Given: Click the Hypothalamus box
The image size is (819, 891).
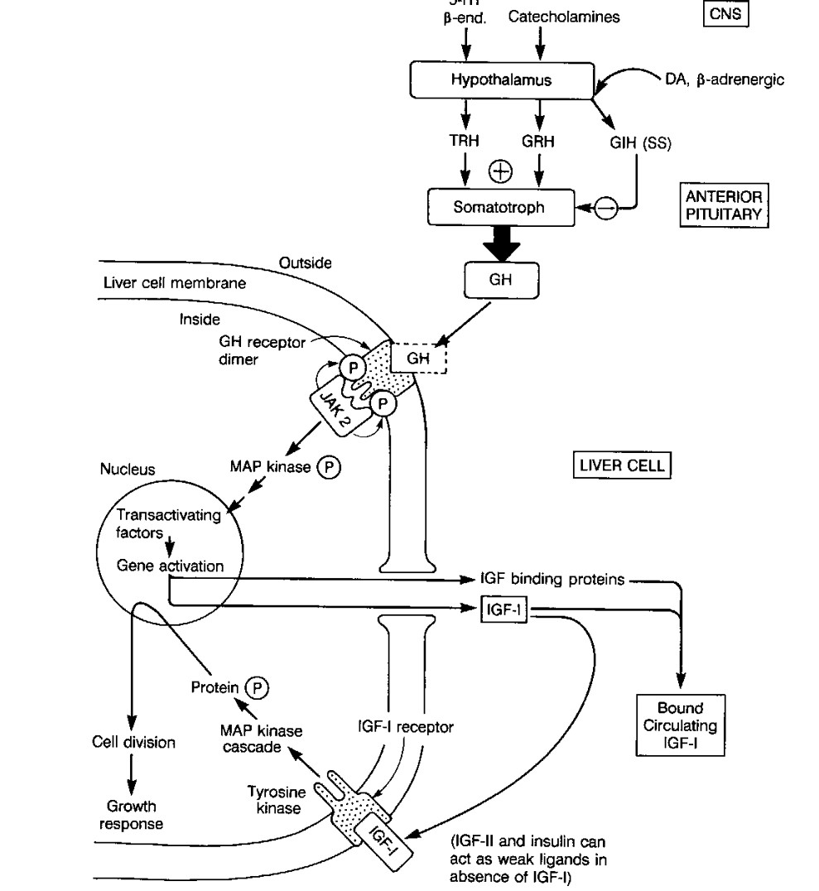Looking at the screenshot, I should pyautogui.click(x=501, y=80).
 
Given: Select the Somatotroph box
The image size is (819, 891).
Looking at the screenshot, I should pyautogui.click(x=499, y=207).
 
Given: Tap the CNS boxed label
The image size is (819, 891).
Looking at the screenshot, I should pyautogui.click(x=725, y=14).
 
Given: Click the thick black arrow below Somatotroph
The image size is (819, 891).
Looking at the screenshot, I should pyautogui.click(x=500, y=246).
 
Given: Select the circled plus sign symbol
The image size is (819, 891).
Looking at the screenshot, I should pyautogui.click(x=500, y=171).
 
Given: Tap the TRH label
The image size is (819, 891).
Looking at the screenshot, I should pyautogui.click(x=464, y=142).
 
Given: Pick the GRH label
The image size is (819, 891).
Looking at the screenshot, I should pyautogui.click(x=537, y=142).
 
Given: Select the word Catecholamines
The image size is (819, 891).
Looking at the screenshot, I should pyautogui.click(x=563, y=17).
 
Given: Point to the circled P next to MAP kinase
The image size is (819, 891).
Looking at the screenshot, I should pyautogui.click(x=330, y=468).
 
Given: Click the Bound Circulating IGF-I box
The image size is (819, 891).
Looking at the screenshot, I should pyautogui.click(x=681, y=724).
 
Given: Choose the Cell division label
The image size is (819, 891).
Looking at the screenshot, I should pyautogui.click(x=133, y=742).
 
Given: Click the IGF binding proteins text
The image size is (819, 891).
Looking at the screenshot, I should pyautogui.click(x=552, y=580).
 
